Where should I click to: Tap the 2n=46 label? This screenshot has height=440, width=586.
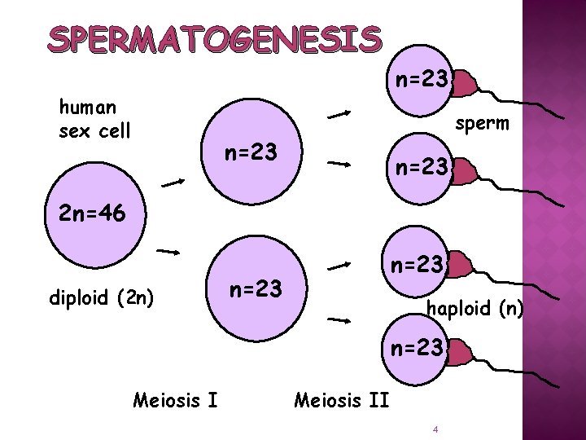point(92,215)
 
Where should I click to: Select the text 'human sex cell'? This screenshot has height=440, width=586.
point(94,118)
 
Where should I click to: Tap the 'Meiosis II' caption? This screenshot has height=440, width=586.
point(340,399)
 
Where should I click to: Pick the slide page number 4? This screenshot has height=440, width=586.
point(436,429)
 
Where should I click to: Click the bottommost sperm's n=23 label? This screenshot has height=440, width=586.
point(417,349)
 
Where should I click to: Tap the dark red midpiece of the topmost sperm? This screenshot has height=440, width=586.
point(462,82)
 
